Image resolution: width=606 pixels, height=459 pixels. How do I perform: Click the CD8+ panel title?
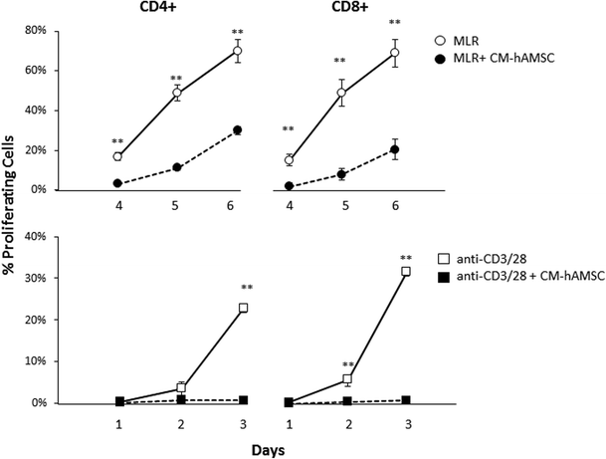347,9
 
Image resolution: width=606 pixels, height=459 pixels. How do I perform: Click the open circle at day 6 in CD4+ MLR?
238,51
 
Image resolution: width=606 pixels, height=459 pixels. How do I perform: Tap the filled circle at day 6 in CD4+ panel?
238,130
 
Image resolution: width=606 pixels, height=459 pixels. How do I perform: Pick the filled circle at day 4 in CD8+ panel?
289,186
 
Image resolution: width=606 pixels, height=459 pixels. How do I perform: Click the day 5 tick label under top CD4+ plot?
177,204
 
